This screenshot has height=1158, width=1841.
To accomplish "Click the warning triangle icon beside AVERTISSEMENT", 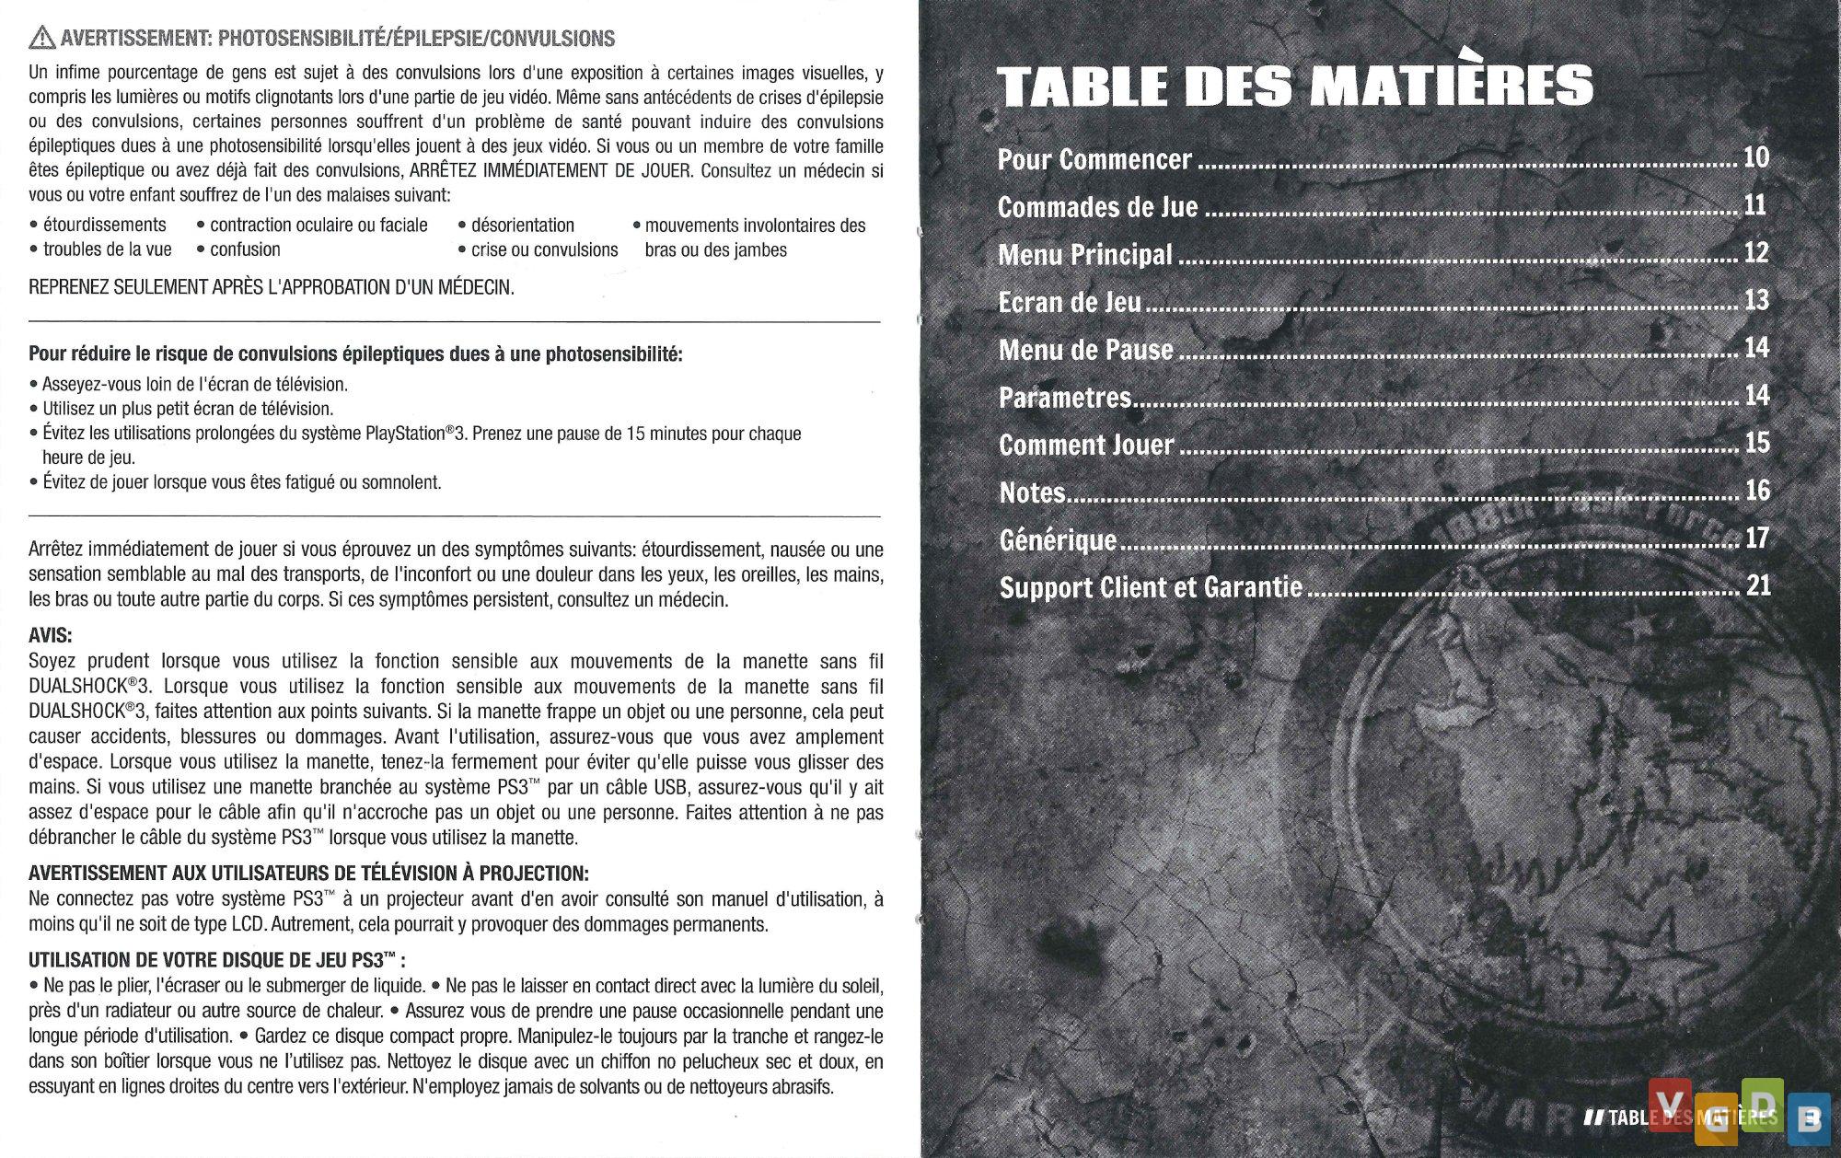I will point(41,39).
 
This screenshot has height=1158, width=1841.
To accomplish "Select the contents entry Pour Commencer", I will point(1094,160).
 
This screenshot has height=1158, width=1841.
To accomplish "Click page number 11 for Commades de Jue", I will point(1754,204).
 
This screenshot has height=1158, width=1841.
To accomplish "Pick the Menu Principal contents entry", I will point(1085,255).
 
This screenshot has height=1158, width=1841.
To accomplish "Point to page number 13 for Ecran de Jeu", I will point(1756,300).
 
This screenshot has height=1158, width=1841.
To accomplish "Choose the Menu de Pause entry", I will point(1086,351).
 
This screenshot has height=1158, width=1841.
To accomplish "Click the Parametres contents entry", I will point(1065,399).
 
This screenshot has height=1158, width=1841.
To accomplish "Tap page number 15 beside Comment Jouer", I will point(1757,443).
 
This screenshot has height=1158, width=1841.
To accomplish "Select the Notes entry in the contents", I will point(1032,493).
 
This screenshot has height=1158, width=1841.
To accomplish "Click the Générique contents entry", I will point(1058,540).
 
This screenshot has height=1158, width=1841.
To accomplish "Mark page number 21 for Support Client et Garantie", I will point(1758,585).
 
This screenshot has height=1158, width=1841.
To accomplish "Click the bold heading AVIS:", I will point(50,636).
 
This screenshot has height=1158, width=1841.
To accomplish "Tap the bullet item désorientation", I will point(522,226).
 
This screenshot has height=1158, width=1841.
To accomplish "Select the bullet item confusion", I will point(244,249).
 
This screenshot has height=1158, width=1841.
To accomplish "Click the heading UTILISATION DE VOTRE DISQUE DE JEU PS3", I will point(216,961).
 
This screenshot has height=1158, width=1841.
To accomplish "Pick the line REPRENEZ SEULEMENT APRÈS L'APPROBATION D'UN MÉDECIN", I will point(272,287).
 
